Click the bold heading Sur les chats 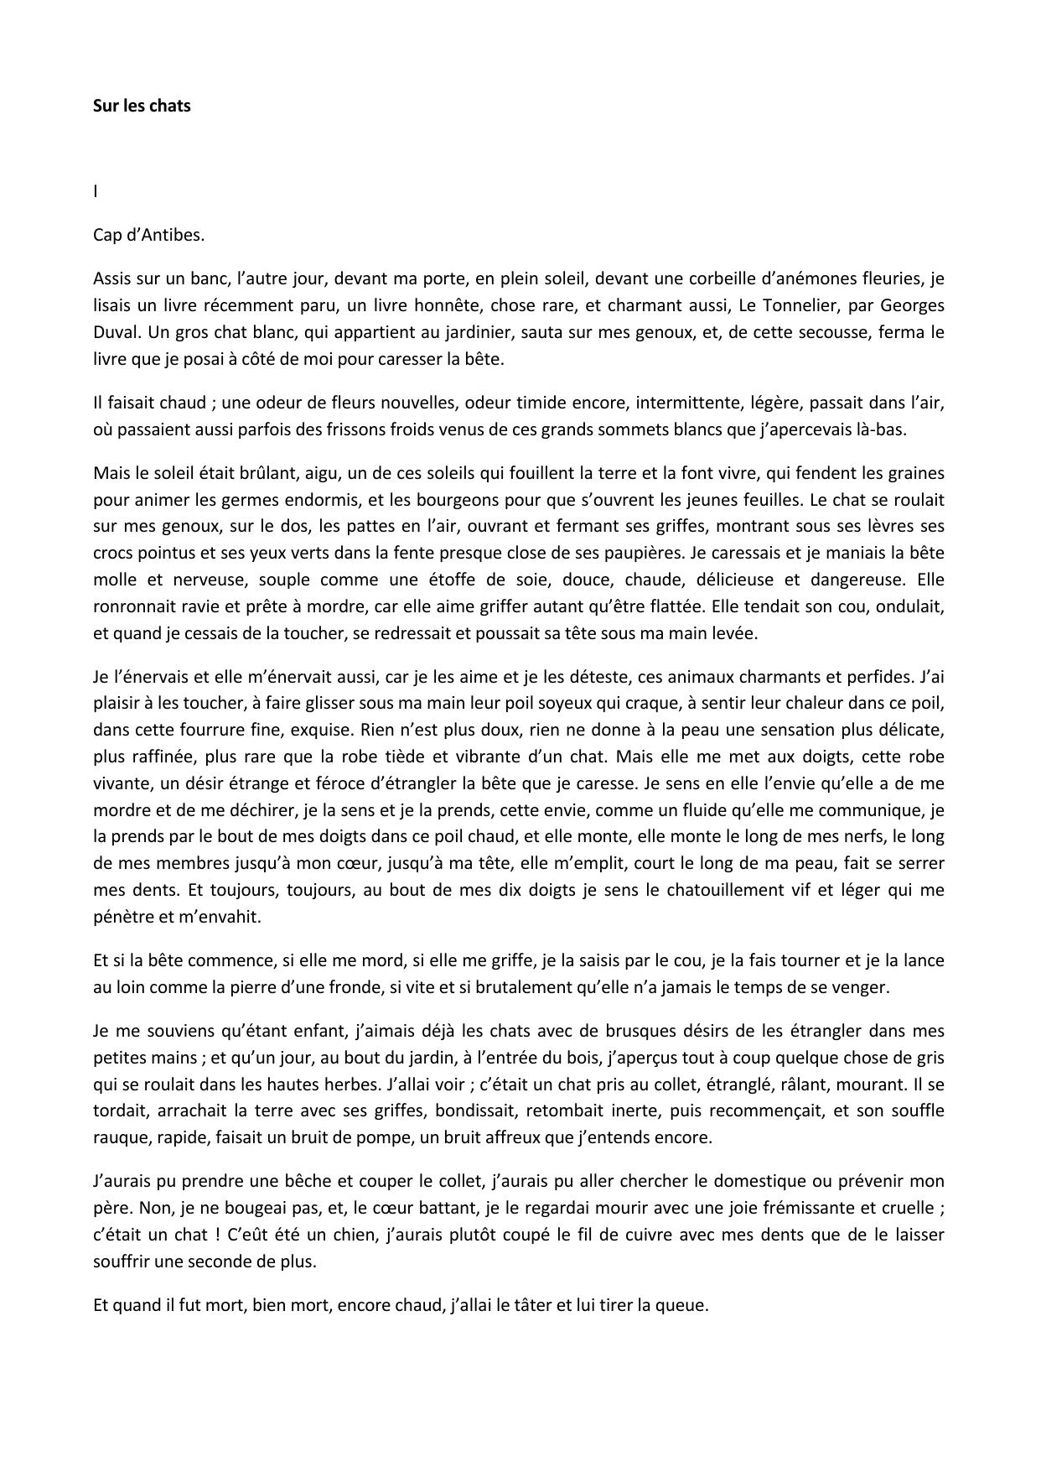pyautogui.click(x=142, y=106)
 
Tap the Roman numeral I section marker pyautogui.click(x=96, y=191)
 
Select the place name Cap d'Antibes pyautogui.click(x=148, y=235)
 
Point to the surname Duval pyautogui.click(x=115, y=332)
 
